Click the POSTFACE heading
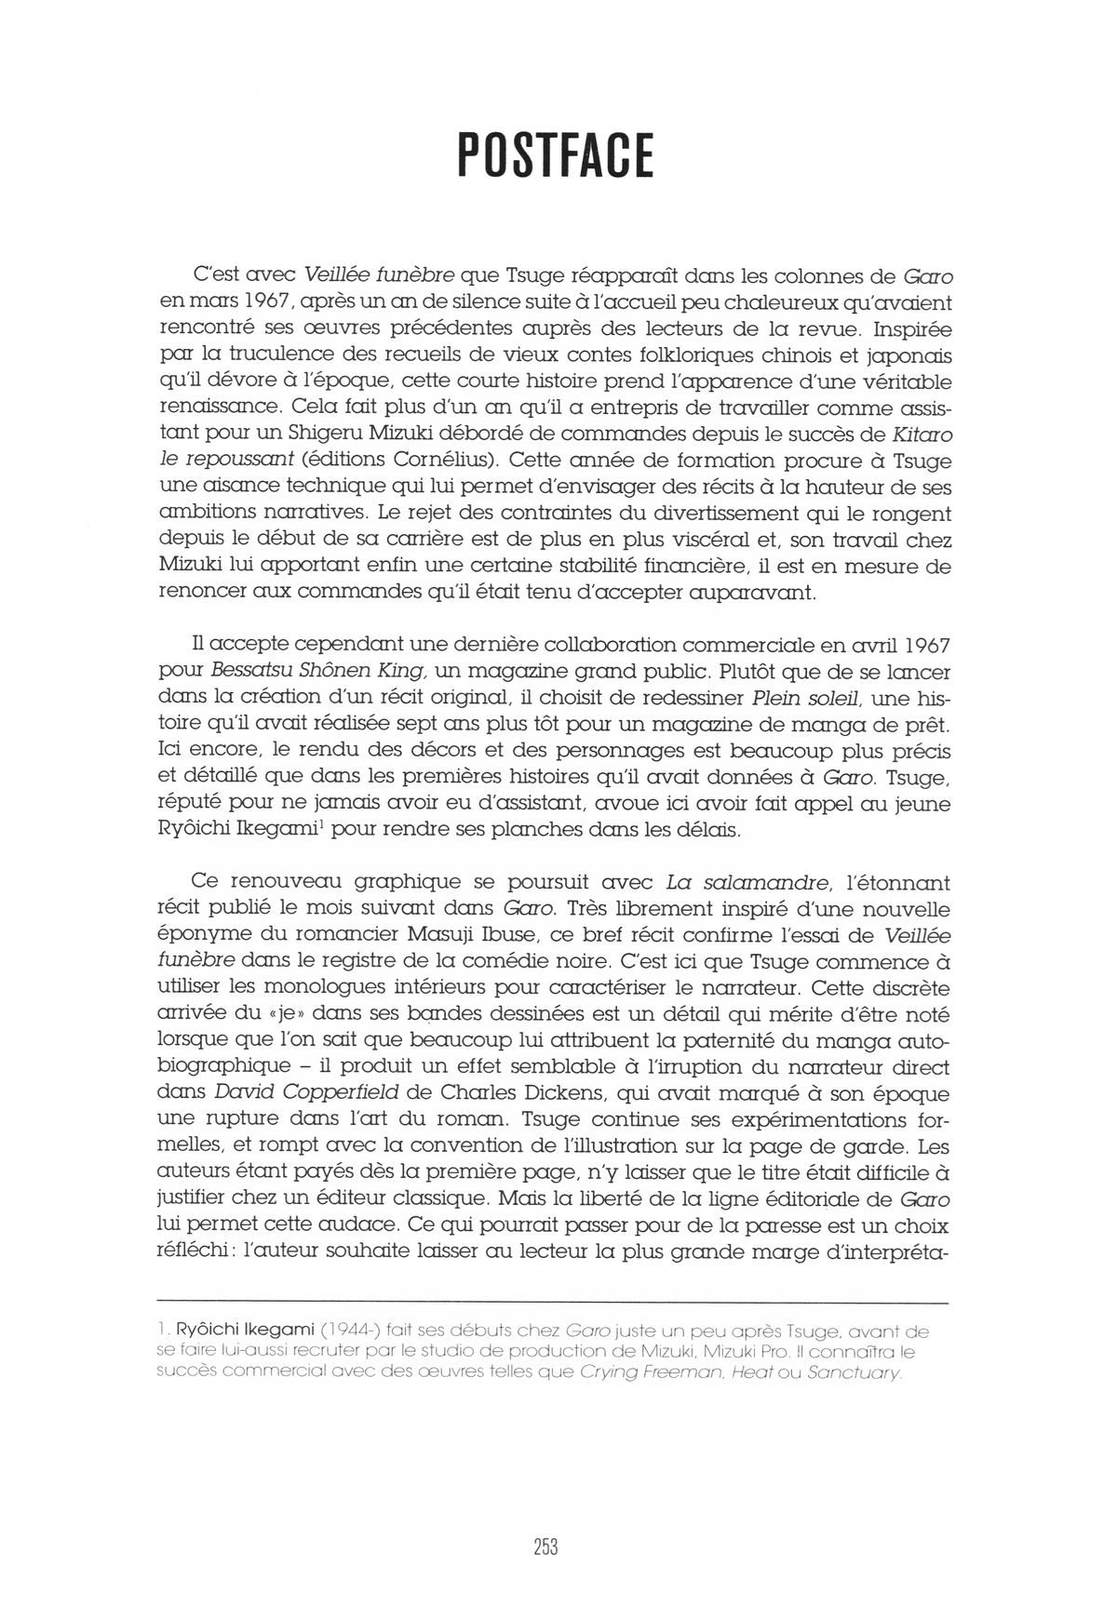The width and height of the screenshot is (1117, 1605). click(557, 155)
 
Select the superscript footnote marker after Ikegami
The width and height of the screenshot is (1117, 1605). click(318, 822)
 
